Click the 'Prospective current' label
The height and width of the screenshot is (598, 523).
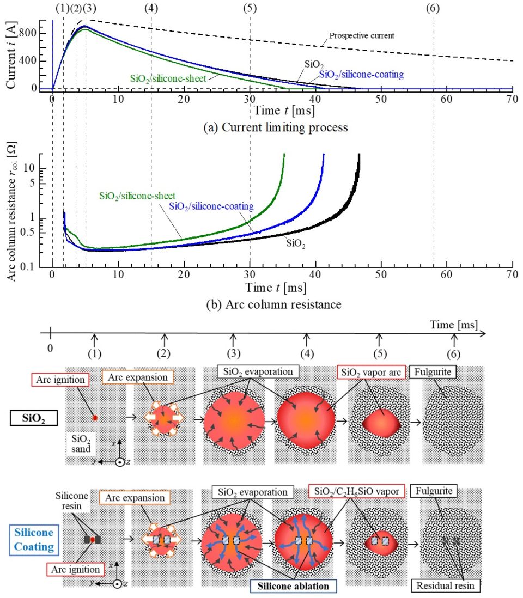click(361, 35)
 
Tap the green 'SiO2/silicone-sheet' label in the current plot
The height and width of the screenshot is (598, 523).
click(168, 78)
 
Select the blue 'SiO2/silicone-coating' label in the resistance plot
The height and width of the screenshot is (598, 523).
click(212, 206)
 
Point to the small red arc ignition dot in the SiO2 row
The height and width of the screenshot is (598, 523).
click(94, 418)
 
